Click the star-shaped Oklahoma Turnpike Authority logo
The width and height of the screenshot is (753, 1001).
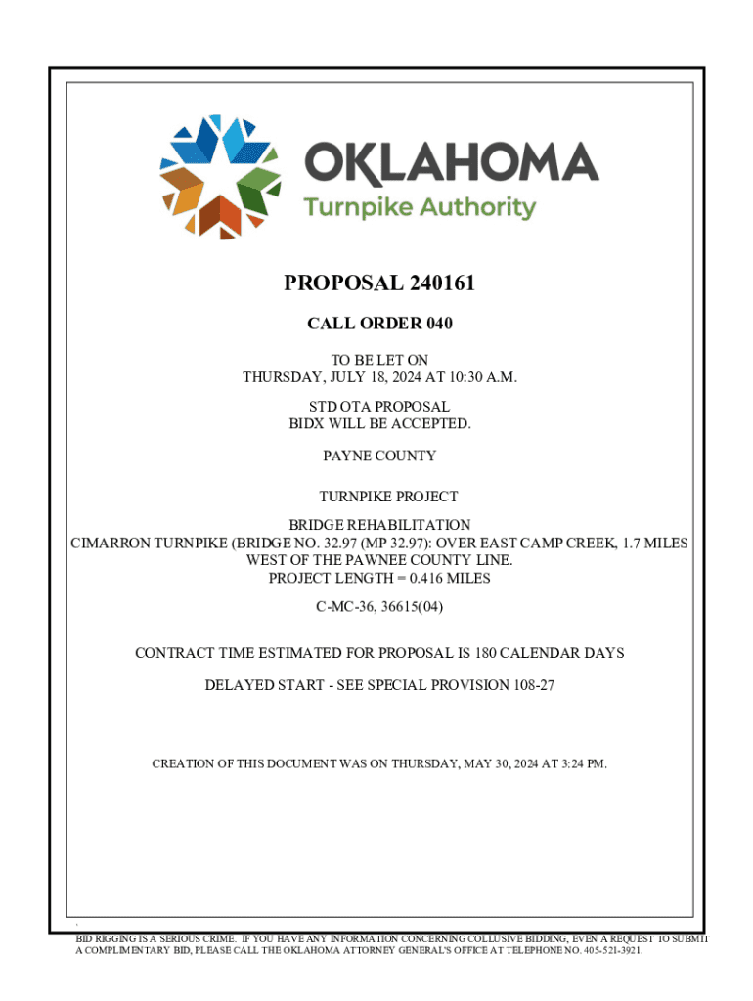point(221,176)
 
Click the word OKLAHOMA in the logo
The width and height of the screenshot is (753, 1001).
point(452,162)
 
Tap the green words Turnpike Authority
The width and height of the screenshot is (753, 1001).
point(419,208)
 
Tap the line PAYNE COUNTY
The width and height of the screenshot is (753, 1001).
point(379,456)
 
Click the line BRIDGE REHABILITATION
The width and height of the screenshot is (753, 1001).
point(379,525)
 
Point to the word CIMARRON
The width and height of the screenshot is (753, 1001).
point(109,543)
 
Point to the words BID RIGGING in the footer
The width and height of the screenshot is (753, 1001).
point(107,938)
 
